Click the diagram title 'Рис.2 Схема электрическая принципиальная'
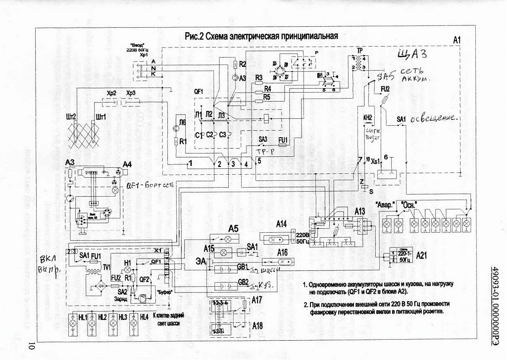pyautogui.click(x=261, y=36)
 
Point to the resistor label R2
pyautogui.click(x=242, y=64)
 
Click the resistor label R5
pyautogui.click(x=267, y=97)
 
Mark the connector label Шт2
pyautogui.click(x=71, y=117)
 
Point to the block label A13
pyautogui.click(x=360, y=211)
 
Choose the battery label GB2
pyautogui.click(x=243, y=282)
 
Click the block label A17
pyautogui.click(x=257, y=300)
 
